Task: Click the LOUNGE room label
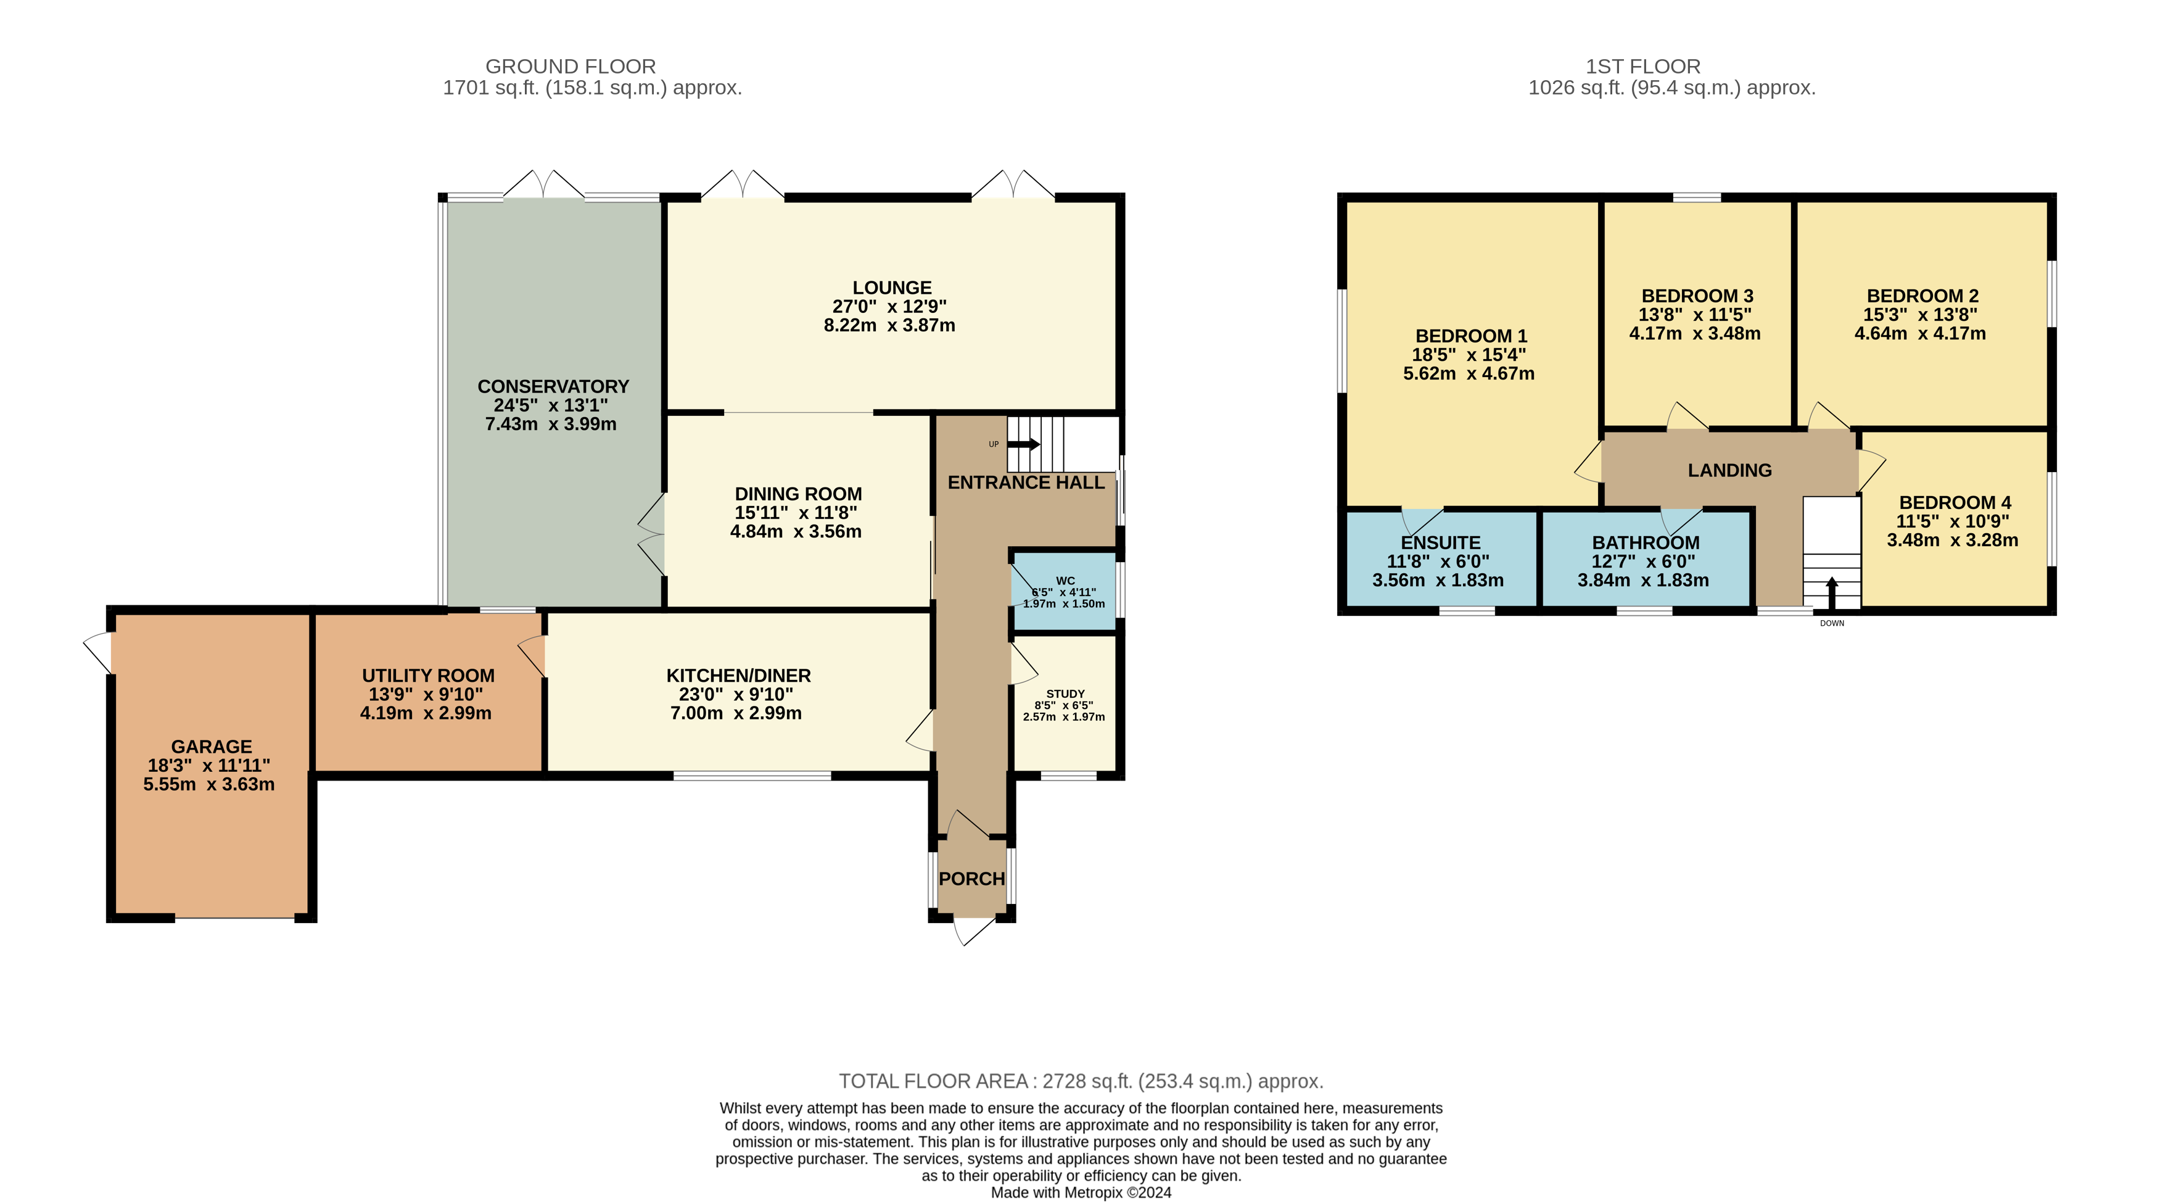click(892, 288)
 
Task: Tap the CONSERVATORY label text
click(553, 386)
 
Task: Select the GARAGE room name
click(212, 747)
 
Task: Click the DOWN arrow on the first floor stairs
click(1832, 592)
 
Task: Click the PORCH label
click(971, 879)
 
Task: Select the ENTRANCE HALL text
click(1026, 482)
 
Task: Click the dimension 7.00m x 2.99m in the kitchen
click(736, 713)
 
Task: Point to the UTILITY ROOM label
click(428, 675)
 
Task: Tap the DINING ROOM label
click(799, 494)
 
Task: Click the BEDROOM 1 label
click(1471, 336)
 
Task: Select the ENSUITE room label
click(1441, 542)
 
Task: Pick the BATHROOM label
click(1646, 542)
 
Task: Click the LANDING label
click(1730, 470)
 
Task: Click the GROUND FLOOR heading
click(571, 67)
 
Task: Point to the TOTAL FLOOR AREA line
click(1082, 1081)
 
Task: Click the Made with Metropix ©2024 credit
click(1082, 1193)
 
